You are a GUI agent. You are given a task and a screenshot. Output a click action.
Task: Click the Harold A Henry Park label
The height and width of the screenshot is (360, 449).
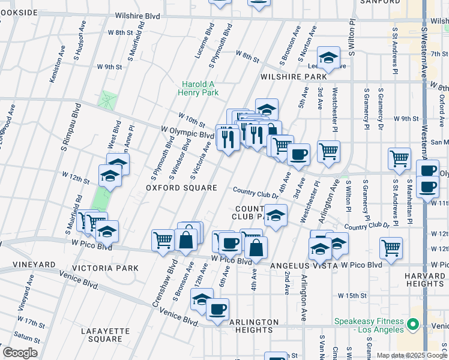point(198,88)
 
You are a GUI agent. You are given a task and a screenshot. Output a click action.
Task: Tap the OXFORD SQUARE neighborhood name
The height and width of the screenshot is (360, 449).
point(181,188)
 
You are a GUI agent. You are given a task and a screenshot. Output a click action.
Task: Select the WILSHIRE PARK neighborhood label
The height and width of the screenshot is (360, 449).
point(294,77)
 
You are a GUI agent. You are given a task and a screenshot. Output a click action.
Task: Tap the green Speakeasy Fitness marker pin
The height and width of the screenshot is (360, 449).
point(412,325)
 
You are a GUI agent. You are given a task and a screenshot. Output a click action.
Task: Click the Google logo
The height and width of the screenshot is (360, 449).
point(20,353)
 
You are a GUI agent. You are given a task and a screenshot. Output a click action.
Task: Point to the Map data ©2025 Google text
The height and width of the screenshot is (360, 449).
point(411,355)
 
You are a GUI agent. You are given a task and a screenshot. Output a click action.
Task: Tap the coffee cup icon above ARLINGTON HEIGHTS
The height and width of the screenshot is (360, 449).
point(217,309)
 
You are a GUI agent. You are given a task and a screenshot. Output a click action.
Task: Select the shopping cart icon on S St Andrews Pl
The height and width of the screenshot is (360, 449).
point(399,159)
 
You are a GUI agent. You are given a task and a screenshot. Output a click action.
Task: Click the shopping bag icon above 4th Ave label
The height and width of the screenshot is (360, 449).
point(256,247)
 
